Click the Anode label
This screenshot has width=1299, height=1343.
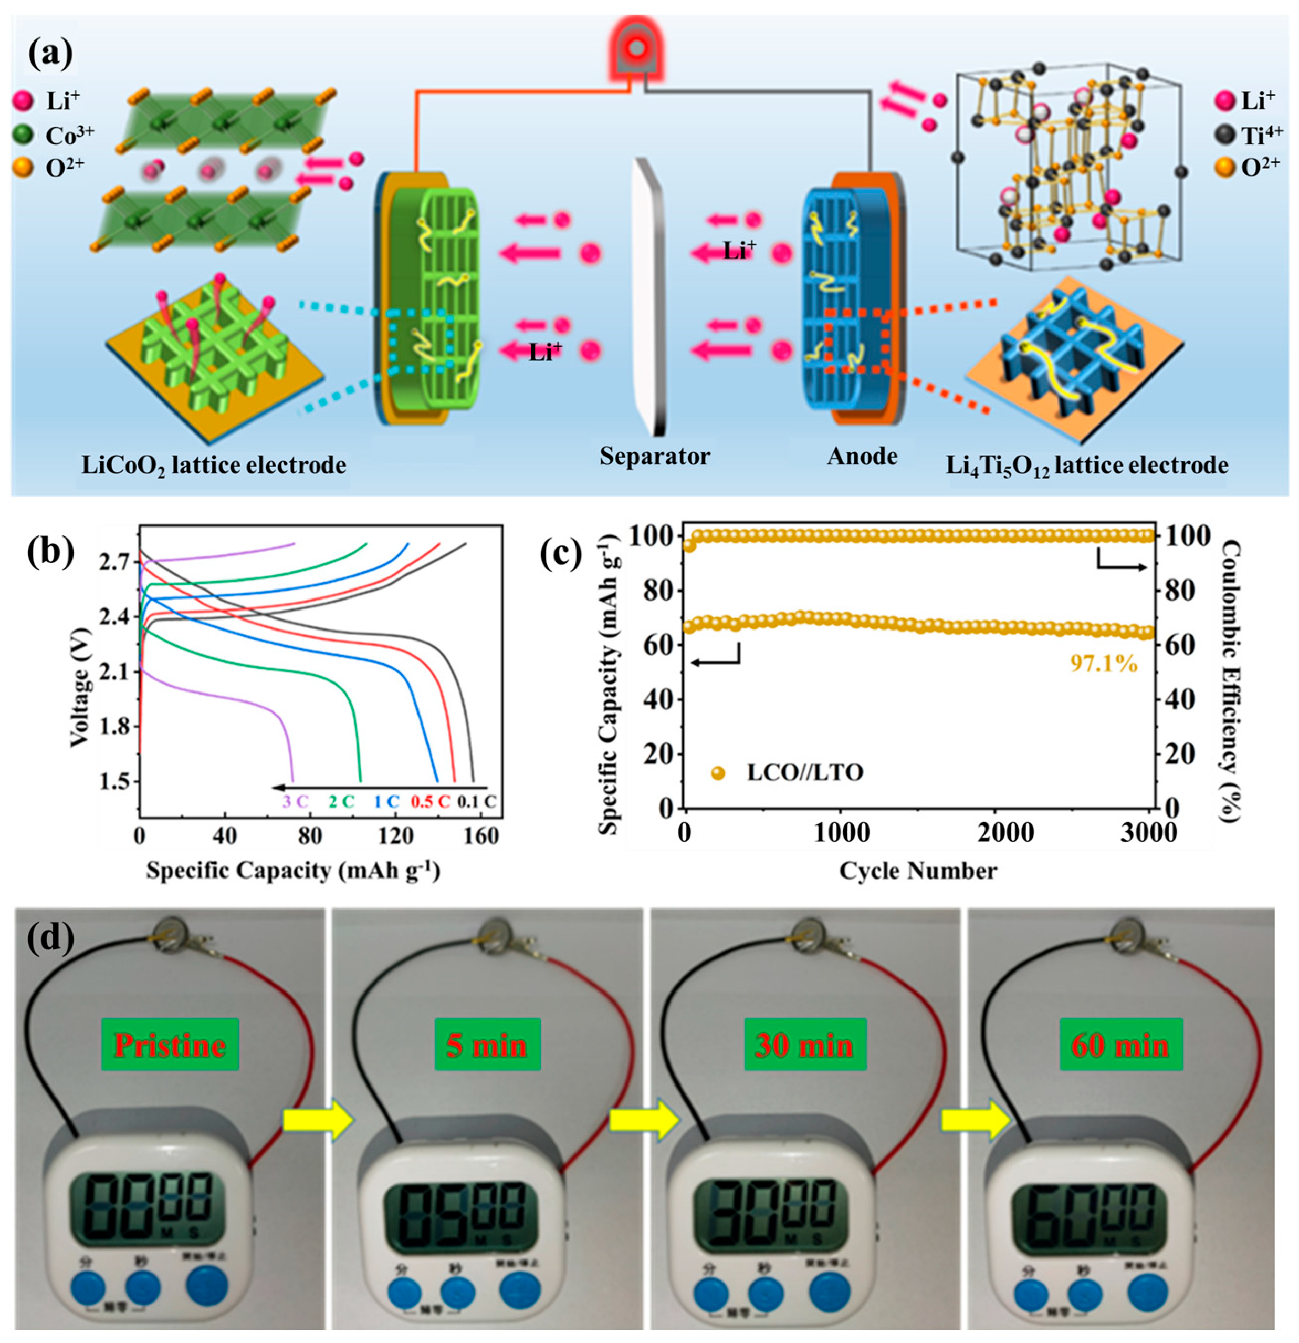(862, 457)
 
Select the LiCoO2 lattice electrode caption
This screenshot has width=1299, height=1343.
(214, 466)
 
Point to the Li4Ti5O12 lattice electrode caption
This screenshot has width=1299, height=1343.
(1087, 467)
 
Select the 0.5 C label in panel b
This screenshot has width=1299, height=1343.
(430, 801)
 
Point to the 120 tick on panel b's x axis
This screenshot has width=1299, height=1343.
(396, 836)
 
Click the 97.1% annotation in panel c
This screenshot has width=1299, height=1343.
(1103, 663)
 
